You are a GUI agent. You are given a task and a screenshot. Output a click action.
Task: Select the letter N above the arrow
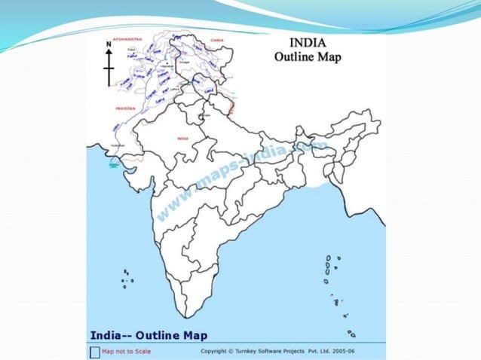click(109, 44)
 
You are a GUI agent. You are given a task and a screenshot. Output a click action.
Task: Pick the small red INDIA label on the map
click(182, 139)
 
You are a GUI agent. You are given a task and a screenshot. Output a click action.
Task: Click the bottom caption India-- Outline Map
click(149, 335)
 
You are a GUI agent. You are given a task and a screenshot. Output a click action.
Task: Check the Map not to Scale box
click(94, 350)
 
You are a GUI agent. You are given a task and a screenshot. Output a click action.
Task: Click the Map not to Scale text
click(124, 350)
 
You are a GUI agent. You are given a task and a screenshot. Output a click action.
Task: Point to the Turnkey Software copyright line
click(279, 351)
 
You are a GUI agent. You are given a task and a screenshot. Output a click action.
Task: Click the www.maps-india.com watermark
click(241, 177)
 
